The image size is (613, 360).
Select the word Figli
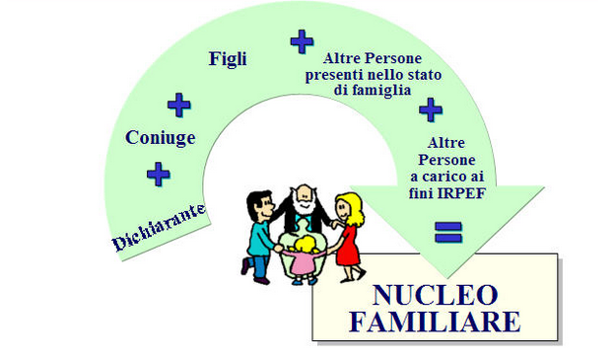[x=228, y=58]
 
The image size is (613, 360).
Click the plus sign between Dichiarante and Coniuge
[x=158, y=175]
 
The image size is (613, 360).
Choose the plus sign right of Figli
[x=302, y=41]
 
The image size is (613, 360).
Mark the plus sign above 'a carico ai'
[x=431, y=108]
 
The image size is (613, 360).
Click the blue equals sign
[x=449, y=233]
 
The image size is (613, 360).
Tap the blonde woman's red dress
[x=348, y=246]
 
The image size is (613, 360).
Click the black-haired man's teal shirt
[x=262, y=238]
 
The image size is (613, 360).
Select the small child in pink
[x=304, y=258]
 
